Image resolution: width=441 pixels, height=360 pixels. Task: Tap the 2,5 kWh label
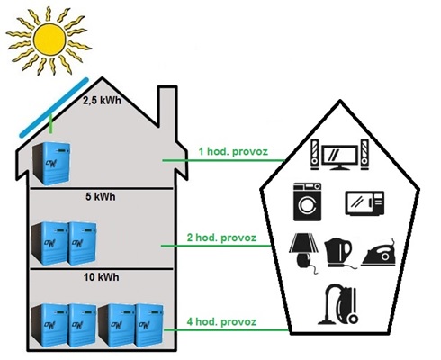tap(102, 100)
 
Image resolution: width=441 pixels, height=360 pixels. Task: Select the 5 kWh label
tap(101, 197)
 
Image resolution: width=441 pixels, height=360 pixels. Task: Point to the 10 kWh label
tap(102, 277)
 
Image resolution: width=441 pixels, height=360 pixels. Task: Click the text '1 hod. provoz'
tap(233, 151)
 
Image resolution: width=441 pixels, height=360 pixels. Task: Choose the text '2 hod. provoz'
tap(221, 238)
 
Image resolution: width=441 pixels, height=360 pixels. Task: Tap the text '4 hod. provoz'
tap(221, 322)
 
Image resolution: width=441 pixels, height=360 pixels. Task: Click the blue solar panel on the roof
tap(54, 108)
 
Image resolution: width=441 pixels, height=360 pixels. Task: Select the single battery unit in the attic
tap(51, 164)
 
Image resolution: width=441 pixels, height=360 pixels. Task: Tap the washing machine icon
tap(307, 202)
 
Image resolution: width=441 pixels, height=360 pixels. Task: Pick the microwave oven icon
tap(364, 203)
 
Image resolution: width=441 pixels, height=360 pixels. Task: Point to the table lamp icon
tap(303, 253)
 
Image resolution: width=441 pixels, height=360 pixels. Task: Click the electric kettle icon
tap(338, 253)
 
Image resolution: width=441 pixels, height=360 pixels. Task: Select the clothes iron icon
tap(379, 254)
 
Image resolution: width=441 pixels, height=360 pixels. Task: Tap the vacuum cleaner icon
tap(338, 304)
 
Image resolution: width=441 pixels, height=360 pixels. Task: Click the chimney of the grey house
tap(167, 112)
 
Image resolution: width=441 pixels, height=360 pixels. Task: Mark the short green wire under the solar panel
tap(51, 123)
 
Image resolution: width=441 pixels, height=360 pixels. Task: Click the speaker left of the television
tap(314, 155)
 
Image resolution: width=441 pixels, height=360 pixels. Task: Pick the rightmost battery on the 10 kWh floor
tap(148, 325)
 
